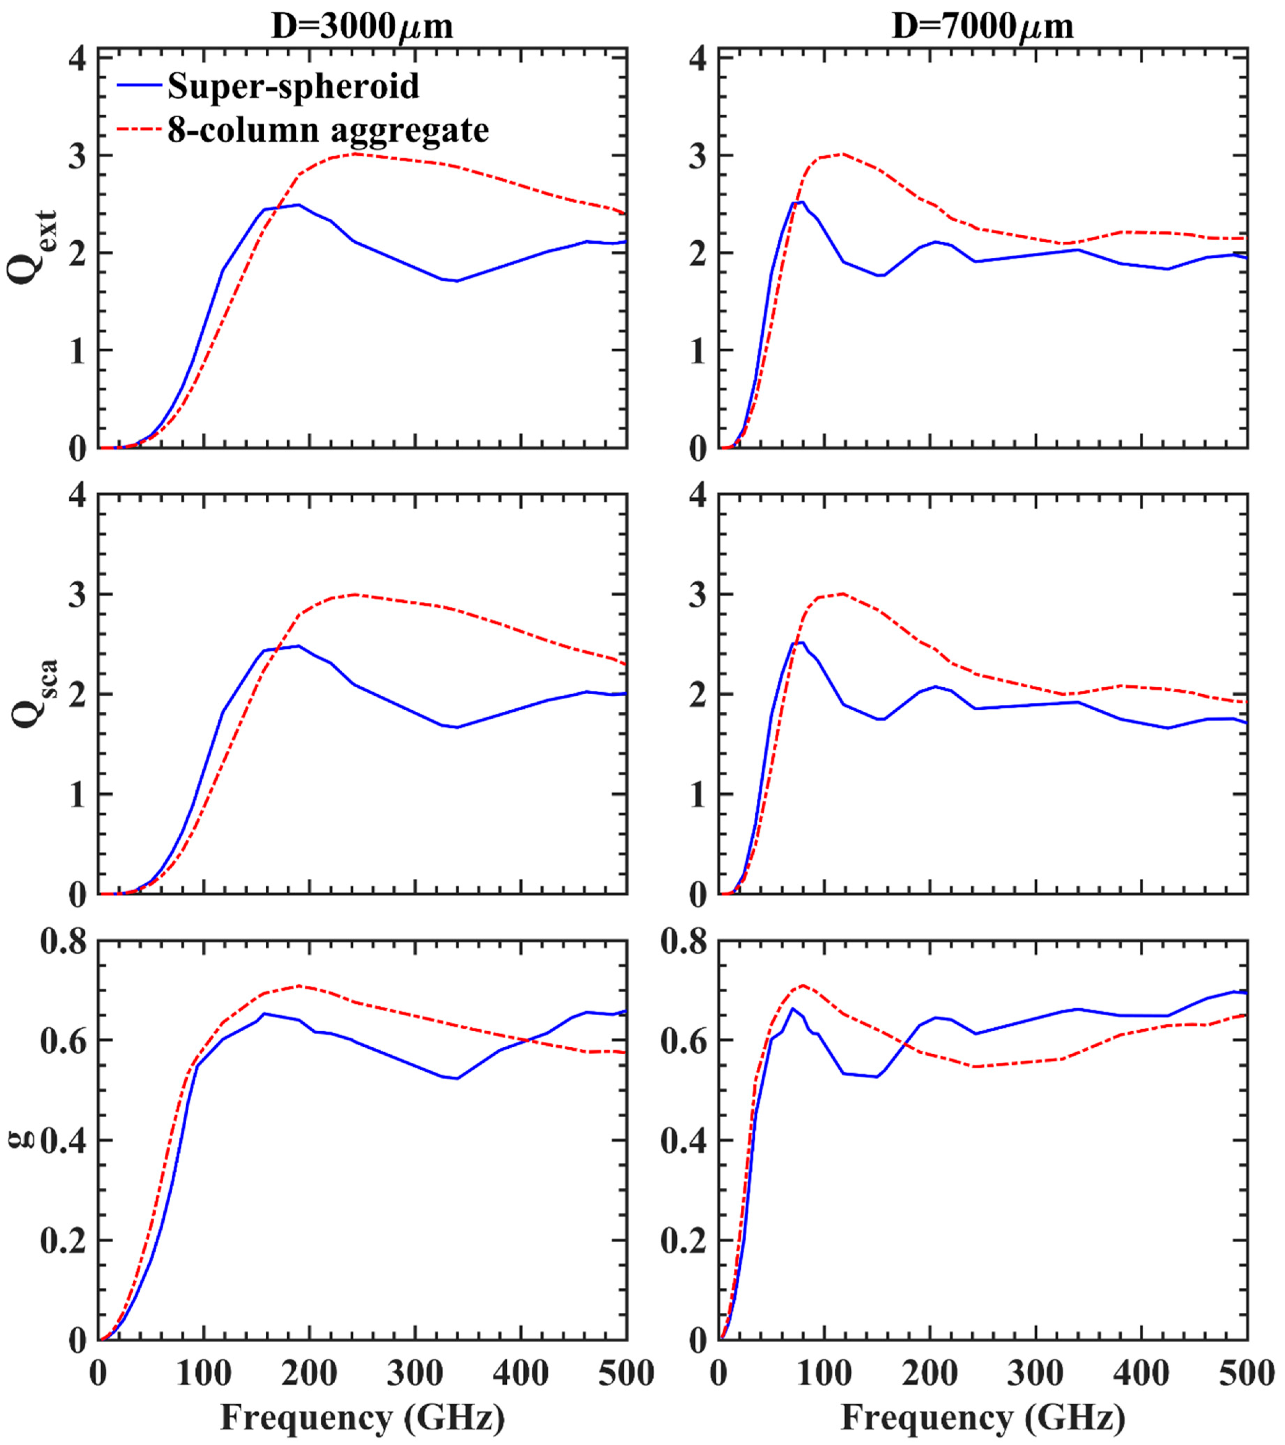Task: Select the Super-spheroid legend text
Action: pos(294,86)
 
